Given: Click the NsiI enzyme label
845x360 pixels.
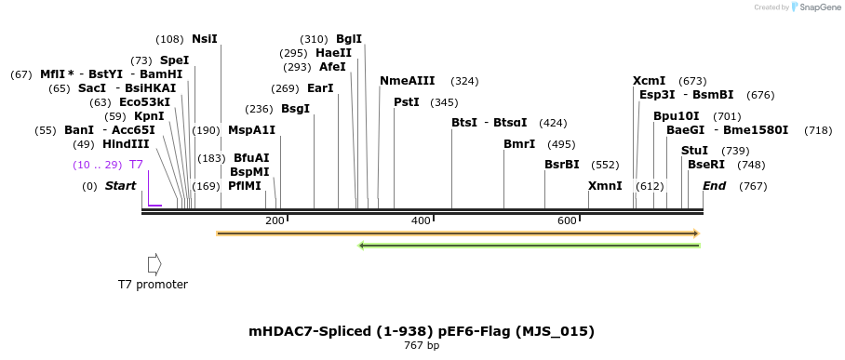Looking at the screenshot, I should pos(204,39).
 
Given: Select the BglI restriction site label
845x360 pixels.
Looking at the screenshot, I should pos(349,39).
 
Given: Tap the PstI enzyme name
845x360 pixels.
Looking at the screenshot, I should pos(407,102).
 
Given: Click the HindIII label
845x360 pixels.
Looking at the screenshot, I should pos(125,144).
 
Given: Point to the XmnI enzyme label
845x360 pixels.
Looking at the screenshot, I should pos(605,186).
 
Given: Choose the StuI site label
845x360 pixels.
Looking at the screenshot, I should pos(694,151).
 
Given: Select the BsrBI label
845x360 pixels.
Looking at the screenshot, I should pos(562,165).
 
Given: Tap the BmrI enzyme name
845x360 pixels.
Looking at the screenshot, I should pos(519,144).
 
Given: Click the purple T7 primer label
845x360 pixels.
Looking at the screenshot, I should pos(136,165).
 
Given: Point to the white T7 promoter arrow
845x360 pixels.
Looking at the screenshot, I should pos(154,263).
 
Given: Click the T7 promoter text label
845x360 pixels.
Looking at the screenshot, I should pos(153,285).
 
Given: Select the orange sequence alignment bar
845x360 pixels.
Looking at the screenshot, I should pos(457,233).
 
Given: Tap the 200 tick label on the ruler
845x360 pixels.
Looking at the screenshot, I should pos(275,220).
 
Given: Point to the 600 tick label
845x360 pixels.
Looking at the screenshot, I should pos(567,220).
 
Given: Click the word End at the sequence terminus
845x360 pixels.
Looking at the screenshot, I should pos(714,186).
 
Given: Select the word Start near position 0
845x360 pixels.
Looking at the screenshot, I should pos(120,186).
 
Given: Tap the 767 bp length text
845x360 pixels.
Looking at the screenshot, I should pos(421,346).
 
